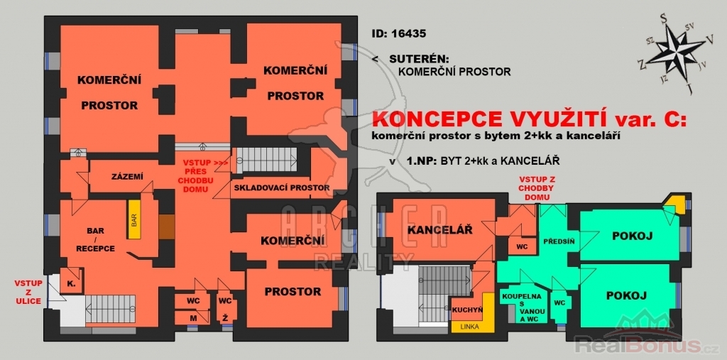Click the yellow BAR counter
point(134,219)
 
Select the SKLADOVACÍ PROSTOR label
point(282,188)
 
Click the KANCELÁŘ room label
point(440,229)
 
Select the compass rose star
point(674,52)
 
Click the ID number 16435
point(408,34)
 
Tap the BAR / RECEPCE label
point(96,239)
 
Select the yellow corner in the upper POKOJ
point(677,204)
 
